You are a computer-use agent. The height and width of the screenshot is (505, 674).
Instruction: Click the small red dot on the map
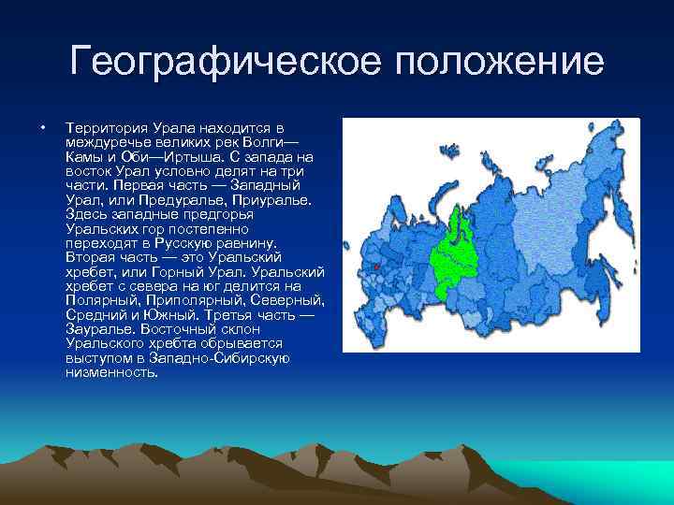click(375, 267)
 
